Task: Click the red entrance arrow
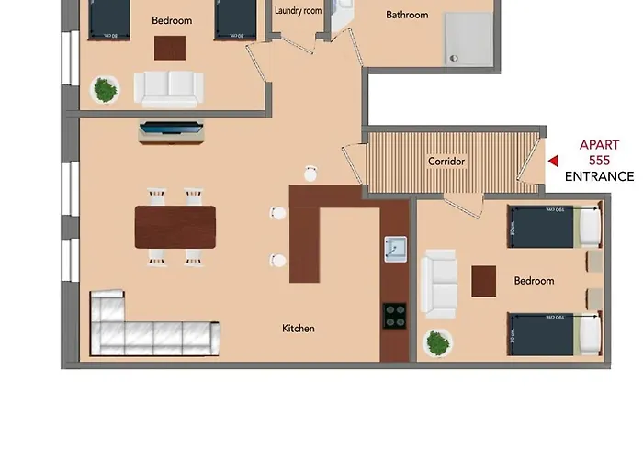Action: [x=553, y=161]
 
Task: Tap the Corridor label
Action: [x=446, y=162]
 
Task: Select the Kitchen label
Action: [x=299, y=328]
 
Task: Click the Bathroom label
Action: [x=407, y=15]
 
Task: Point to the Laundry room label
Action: [x=299, y=11]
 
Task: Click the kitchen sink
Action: [x=395, y=250]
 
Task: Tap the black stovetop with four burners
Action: [x=395, y=316]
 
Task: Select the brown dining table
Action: [x=175, y=227]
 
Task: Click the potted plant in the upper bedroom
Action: [x=106, y=89]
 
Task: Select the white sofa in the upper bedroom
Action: [x=167, y=88]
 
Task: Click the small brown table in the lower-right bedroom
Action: [x=484, y=281]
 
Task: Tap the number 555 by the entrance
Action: [x=599, y=160]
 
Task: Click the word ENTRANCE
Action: [x=599, y=176]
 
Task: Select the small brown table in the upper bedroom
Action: [x=169, y=47]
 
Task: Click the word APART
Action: [x=599, y=144]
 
